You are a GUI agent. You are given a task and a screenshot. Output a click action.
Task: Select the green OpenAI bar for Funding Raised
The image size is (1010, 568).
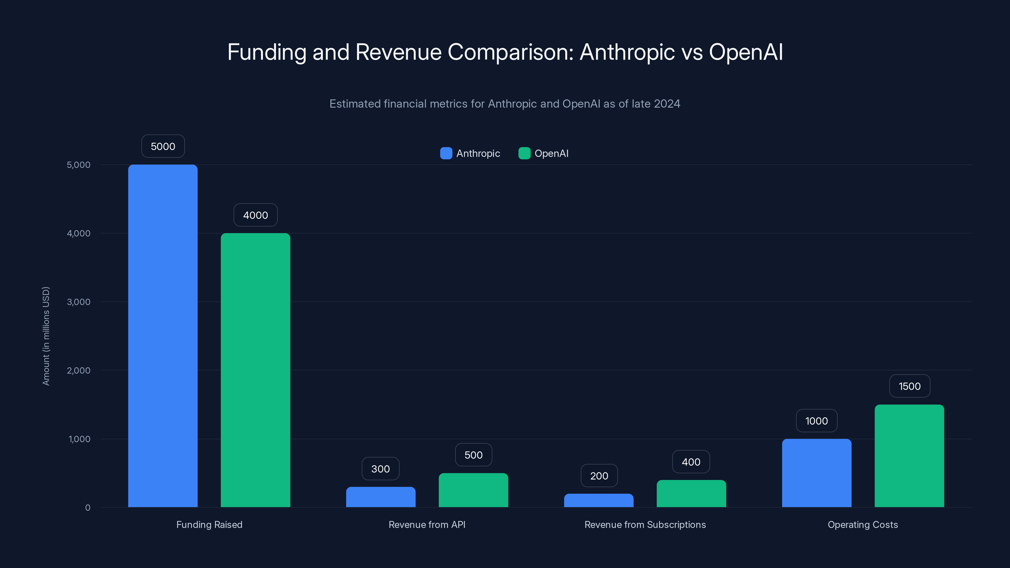tap(255, 370)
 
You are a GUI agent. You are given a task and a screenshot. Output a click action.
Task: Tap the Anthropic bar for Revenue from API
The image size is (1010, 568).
tap(380, 497)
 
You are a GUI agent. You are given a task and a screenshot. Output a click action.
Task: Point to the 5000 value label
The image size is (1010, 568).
tap(163, 146)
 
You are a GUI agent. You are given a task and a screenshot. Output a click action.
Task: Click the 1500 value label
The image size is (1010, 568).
tap(909, 386)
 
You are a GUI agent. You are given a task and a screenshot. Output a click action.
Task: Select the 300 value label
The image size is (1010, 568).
tap(380, 469)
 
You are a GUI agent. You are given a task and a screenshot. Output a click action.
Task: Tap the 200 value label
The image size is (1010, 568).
tap(599, 476)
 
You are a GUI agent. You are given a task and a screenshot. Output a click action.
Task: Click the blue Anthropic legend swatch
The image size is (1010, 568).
tap(446, 153)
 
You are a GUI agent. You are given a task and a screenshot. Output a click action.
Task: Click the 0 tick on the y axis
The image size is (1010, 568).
tap(87, 508)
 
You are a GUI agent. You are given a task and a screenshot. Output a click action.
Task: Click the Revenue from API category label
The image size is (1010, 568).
tap(427, 524)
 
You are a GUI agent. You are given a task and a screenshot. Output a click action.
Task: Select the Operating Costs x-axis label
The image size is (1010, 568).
tap(862, 524)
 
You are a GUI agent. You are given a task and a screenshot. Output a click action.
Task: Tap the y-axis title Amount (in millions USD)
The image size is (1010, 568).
tap(46, 336)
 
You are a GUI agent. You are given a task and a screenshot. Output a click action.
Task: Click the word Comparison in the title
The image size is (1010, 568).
tap(510, 52)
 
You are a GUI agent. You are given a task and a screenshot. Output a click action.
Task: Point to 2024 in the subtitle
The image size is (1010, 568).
tap(667, 104)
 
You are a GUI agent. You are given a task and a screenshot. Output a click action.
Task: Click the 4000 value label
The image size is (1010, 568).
tap(255, 215)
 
